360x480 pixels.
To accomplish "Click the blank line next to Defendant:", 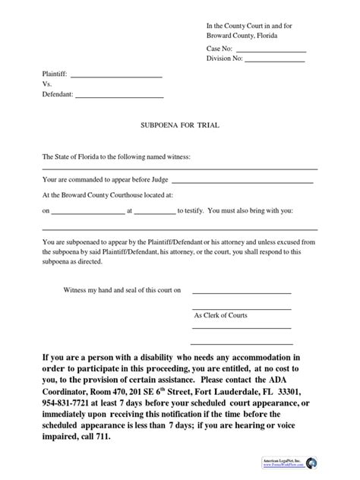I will [x=119, y=97].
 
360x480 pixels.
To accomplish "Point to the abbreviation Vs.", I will [x=47, y=85].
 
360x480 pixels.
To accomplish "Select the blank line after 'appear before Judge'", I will [x=243, y=182].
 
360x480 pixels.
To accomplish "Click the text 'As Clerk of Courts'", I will [x=220, y=315].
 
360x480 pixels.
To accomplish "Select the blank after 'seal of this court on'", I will [x=241, y=292].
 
